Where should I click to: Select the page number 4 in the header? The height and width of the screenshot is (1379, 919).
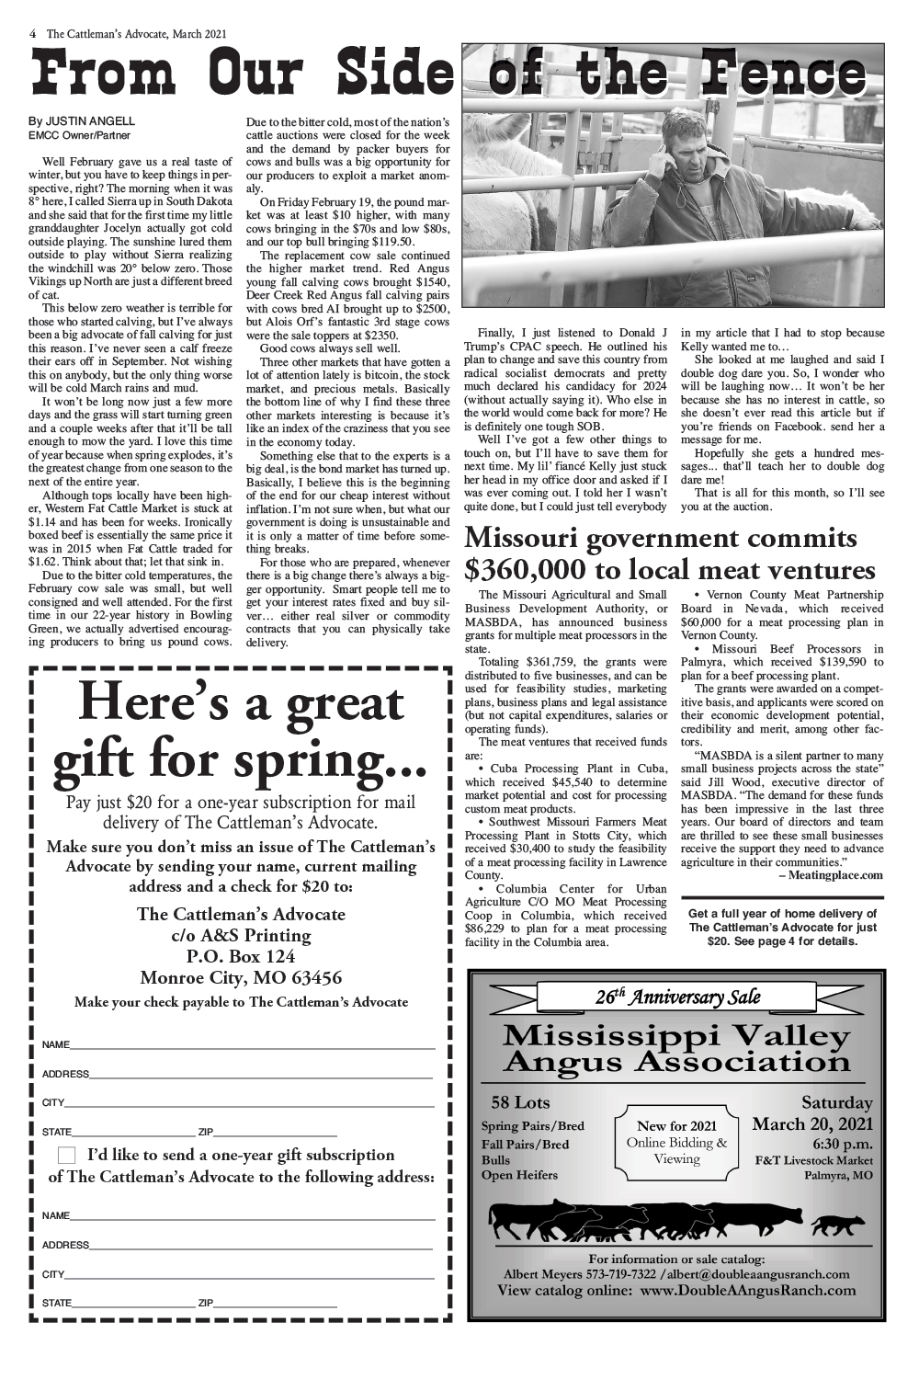(33, 34)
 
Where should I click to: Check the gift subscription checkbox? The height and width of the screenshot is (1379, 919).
(67, 1155)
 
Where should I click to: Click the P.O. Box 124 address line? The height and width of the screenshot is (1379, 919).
(241, 956)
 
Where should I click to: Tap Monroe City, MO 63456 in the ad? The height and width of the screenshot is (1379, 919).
(241, 977)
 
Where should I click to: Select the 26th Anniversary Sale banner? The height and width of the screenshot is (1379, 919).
(677, 997)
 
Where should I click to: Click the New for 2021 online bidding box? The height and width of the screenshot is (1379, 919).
(676, 1142)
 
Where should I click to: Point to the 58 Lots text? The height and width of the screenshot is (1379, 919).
(520, 1102)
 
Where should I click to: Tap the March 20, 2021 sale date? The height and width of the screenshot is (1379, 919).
(812, 1123)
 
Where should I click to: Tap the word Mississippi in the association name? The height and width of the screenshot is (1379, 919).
(605, 1036)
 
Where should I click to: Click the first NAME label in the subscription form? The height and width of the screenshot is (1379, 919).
(55, 1045)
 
